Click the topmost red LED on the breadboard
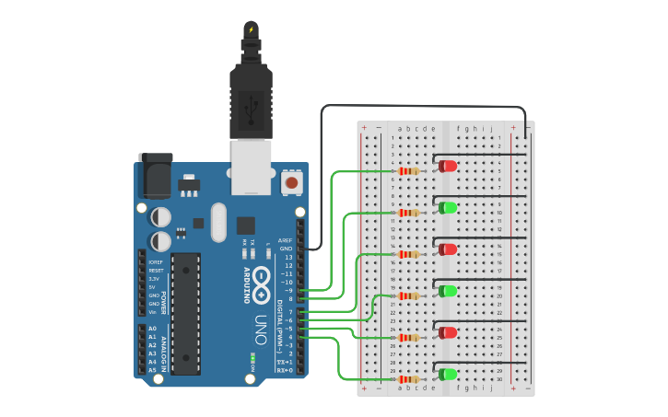448,166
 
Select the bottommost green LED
448,374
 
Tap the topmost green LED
448,207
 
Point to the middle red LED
448,249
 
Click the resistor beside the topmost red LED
408,170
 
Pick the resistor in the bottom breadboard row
408,378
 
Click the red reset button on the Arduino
292,182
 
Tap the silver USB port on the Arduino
252,166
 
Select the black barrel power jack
155,175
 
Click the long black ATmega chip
185,313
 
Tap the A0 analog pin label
152,329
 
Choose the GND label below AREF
286,249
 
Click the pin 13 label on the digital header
287,257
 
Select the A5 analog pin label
152,370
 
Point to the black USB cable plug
251,101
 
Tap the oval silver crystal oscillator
218,222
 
